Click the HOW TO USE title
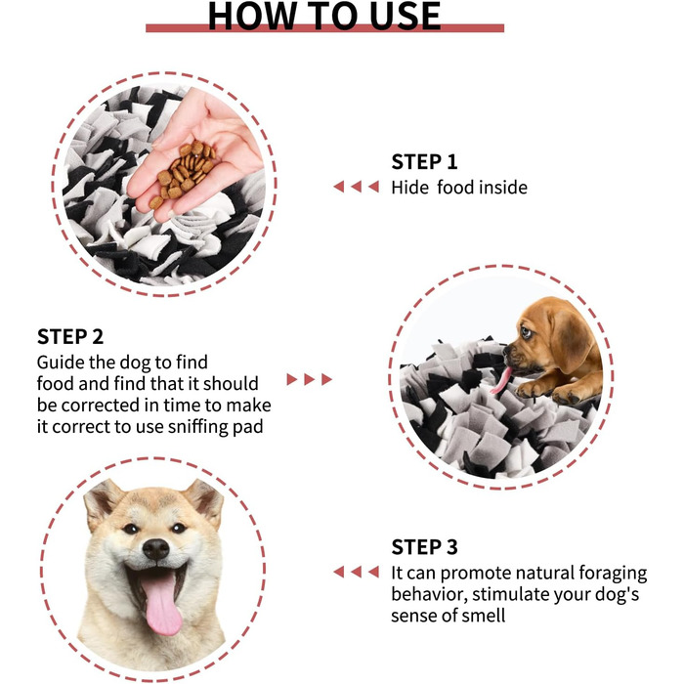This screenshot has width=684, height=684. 324,16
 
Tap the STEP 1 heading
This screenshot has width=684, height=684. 424,162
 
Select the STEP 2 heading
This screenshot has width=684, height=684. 70,337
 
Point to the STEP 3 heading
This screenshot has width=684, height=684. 424,547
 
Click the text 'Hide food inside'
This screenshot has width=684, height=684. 459,188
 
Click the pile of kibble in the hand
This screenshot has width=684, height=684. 184,173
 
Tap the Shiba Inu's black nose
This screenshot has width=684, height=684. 155,549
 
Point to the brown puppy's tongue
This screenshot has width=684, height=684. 500,380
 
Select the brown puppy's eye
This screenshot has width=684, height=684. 526,333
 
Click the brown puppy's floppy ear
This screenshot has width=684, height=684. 570,340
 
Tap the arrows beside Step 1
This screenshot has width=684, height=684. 356,187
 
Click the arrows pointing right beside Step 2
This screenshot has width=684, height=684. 310,379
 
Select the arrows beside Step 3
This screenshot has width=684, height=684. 356,572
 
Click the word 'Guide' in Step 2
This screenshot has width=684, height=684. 61,363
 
